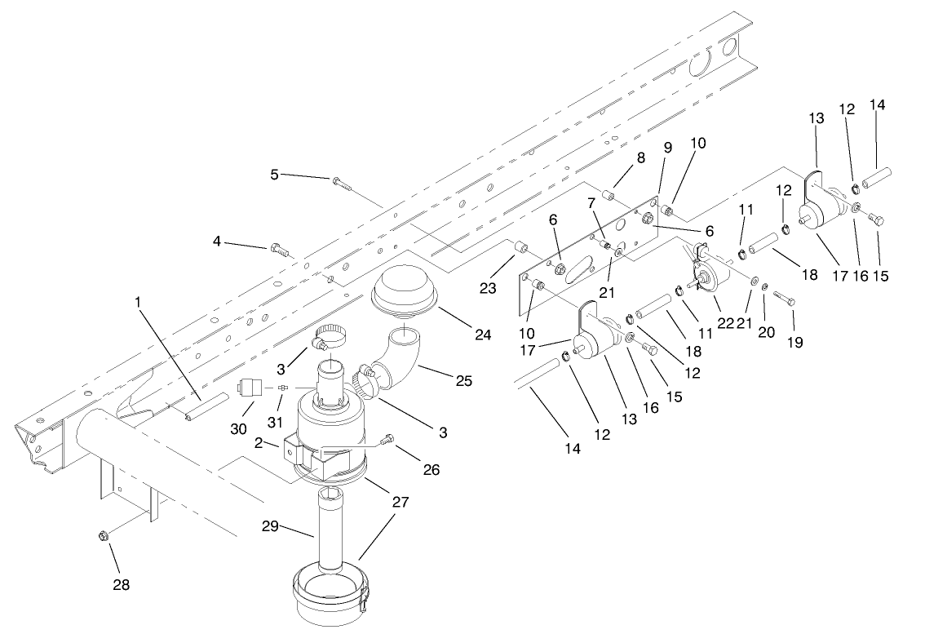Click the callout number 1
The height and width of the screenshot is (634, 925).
coord(138,301)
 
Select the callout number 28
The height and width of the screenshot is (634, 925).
coord(120,585)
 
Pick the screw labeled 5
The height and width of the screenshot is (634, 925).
coord(342,182)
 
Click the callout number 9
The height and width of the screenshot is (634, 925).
coord(667,149)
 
